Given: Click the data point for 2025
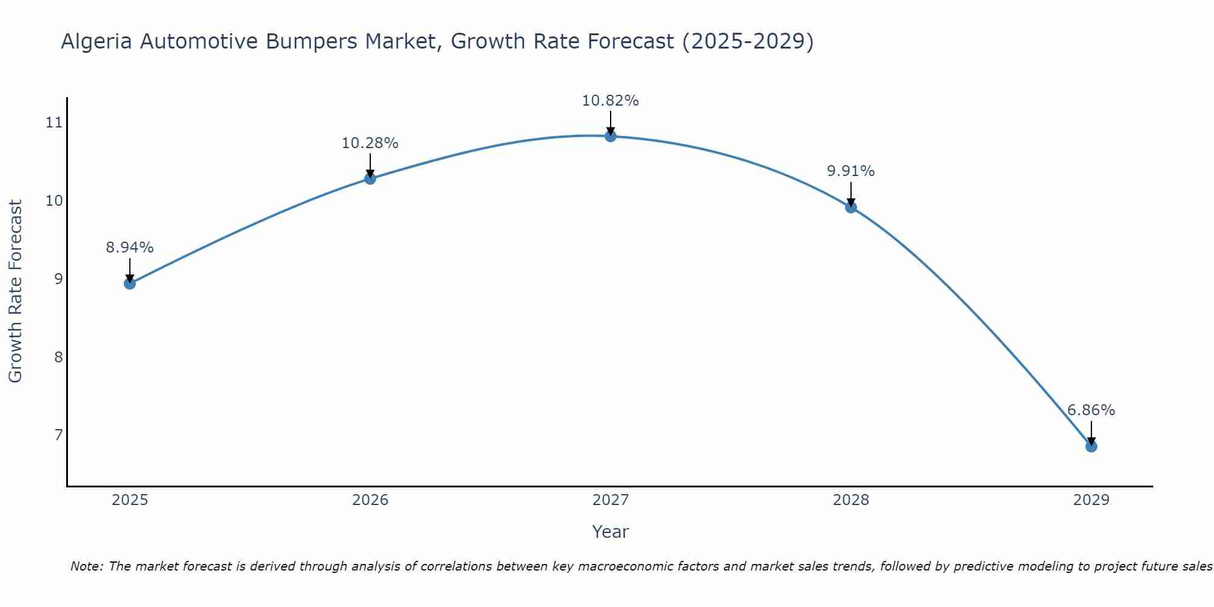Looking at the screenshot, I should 130,283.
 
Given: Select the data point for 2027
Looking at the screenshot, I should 611,136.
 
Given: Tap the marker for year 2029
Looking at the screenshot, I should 1091,447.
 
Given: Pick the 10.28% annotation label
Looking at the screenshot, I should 370,143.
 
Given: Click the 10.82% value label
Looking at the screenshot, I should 610,101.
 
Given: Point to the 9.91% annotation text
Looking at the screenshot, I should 850,171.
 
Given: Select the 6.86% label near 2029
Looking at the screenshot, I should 1091,410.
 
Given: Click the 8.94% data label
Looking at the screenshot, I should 129,248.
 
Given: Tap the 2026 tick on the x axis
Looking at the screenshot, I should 370,500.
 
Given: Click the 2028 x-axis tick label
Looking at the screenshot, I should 850,500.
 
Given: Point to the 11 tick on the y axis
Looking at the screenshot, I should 54,123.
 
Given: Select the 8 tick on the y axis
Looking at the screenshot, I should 58,357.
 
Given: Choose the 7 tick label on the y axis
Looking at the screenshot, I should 58,435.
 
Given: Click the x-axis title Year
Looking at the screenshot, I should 610,532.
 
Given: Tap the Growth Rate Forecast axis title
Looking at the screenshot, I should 15,291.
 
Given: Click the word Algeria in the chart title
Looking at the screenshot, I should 97,41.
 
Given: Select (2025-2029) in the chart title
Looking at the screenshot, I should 747,41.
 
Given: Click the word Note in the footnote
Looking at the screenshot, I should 86,566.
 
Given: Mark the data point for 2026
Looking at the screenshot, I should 370,178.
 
